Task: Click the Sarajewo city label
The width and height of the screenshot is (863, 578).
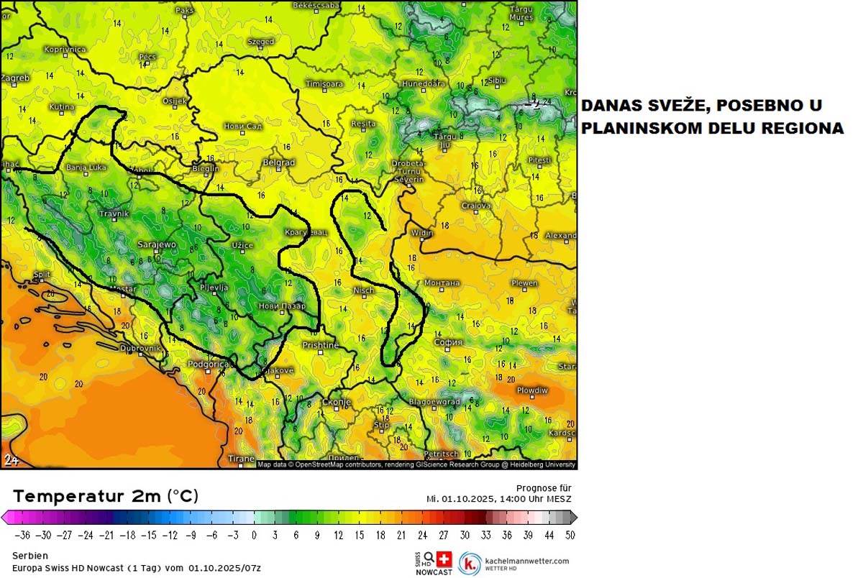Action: [x=156, y=244]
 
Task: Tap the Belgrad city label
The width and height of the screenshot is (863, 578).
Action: [x=278, y=162]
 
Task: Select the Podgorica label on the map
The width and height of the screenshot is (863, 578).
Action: [x=207, y=364]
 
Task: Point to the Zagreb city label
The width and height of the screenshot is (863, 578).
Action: [x=15, y=78]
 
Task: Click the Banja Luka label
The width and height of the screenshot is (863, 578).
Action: [x=86, y=168]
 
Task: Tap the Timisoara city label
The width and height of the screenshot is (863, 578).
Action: [x=324, y=84]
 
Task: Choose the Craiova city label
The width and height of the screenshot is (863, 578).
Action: [x=476, y=206]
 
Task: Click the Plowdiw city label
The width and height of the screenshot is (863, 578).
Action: [x=531, y=390]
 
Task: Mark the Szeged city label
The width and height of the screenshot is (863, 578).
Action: [x=260, y=42]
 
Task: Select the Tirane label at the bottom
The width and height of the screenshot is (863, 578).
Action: [x=241, y=459]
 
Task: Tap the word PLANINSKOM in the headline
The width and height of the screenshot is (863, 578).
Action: [x=644, y=129]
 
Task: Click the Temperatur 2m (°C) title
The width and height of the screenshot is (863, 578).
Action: [x=106, y=496]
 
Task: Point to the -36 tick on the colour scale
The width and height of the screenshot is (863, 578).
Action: [x=24, y=535]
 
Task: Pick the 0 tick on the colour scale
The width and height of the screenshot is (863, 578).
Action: [x=253, y=535]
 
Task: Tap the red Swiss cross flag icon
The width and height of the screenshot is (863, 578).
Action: [x=444, y=559]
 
